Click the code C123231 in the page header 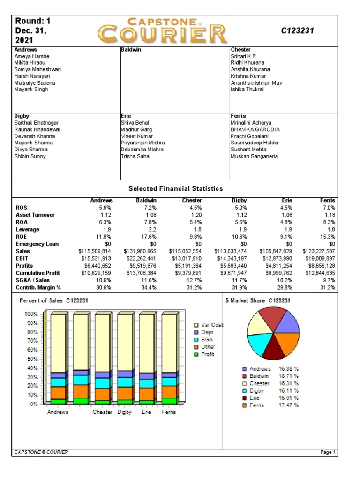[297, 31]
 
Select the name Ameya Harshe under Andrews [32, 56]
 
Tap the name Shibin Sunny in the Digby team [30, 156]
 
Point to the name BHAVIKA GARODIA [255, 129]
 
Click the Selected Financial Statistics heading [175, 188]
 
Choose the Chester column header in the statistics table [191, 200]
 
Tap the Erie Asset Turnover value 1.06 [285, 215]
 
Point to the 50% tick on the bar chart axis [31, 359]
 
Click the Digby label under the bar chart [125, 412]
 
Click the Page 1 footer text [328, 452]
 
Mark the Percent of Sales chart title [54, 300]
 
